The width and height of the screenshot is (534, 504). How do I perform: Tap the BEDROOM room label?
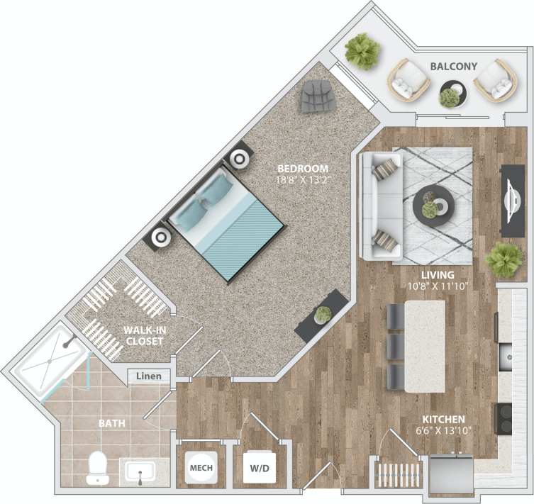(303, 169)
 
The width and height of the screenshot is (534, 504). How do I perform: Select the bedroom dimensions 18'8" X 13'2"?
(303, 180)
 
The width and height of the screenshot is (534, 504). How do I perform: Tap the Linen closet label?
(150, 376)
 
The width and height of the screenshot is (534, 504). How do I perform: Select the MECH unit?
(201, 468)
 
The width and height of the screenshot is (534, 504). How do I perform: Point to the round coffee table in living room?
(432, 205)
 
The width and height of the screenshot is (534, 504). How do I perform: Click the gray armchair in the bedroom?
(318, 96)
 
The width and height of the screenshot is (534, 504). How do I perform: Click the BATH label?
(112, 423)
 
